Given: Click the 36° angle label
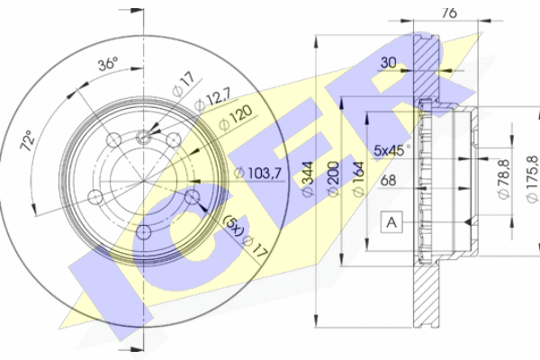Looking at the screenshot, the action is pos(108,64).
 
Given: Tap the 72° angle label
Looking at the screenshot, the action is pos(28,140).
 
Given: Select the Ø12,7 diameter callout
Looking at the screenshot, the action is pos(212,100).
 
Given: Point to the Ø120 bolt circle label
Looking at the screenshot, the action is pos(236,118).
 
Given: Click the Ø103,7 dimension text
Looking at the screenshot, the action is pos(257,173).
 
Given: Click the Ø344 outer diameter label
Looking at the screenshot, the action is pos(308,179).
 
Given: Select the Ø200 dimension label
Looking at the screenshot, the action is pos(333,179).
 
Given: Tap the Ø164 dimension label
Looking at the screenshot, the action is pos(358,179).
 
